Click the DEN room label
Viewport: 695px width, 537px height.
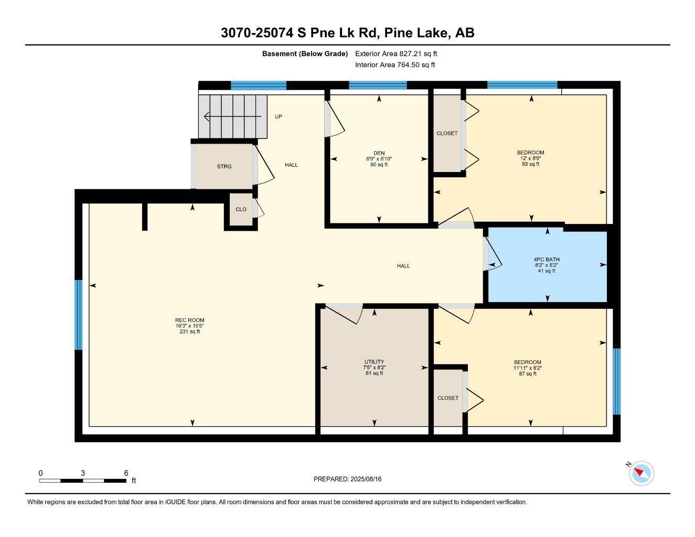(379, 153)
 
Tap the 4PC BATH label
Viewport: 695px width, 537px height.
(546, 259)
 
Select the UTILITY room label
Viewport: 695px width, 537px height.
(374, 362)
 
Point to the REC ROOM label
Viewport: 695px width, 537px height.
(190, 320)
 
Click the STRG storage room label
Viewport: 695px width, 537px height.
(224, 167)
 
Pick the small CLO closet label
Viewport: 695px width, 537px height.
(241, 209)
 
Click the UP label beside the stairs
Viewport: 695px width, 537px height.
(278, 116)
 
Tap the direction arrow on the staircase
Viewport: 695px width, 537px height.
(233, 116)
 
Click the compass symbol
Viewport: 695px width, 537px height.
(641, 474)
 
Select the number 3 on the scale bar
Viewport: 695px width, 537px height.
(83, 473)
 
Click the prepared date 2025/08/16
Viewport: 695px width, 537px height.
(366, 479)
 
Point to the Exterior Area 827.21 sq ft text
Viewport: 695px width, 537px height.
(396, 53)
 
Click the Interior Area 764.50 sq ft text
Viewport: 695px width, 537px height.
(395, 65)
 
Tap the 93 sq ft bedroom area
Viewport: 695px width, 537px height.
(530, 164)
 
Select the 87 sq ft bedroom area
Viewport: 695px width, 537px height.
(527, 374)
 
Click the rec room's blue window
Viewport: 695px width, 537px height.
(78, 315)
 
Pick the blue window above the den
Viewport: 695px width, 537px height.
(378, 85)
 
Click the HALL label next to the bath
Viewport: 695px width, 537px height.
(403, 266)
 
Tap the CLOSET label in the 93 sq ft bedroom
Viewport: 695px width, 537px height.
(447, 133)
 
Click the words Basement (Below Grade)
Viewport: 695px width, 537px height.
(305, 53)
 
